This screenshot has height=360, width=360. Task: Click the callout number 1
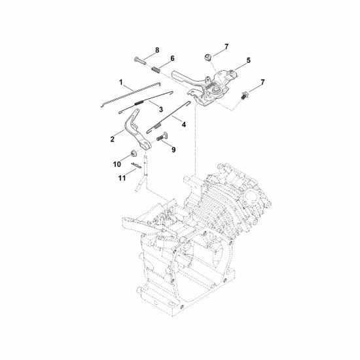click(x=121, y=82)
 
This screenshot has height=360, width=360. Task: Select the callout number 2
click(x=112, y=139)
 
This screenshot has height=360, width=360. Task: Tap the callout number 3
click(x=161, y=109)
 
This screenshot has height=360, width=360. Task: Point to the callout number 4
click(x=184, y=124)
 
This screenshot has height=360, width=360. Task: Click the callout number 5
click(x=249, y=60)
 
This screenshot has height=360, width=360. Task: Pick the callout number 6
click(x=172, y=58)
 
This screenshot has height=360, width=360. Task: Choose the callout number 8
click(x=157, y=50)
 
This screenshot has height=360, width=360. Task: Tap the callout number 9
click(x=173, y=150)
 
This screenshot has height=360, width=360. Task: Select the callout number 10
click(x=117, y=164)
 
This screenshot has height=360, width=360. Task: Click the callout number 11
click(x=122, y=178)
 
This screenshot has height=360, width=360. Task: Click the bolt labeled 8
click(x=140, y=62)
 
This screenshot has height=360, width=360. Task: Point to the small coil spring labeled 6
click(x=155, y=69)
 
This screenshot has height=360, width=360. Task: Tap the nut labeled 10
click(x=133, y=153)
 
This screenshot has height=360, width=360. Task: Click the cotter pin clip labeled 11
click(x=136, y=165)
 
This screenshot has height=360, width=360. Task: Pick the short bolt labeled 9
click(x=162, y=137)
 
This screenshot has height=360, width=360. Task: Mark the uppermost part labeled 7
click(x=208, y=57)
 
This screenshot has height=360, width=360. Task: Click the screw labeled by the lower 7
click(x=245, y=96)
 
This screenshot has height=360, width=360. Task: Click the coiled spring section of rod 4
click(x=158, y=126)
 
